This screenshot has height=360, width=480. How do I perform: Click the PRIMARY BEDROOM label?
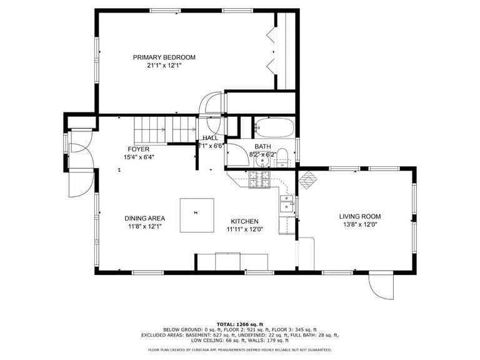point(164,57)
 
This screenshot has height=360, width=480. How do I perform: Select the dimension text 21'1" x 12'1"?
point(164,66)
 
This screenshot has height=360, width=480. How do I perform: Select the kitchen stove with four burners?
point(258,179)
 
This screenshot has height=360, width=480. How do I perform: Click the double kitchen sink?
point(287,203)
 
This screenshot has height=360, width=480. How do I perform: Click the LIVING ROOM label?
point(359,216)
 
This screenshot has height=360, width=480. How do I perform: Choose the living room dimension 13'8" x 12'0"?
point(359,224)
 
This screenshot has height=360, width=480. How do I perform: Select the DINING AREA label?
point(144,219)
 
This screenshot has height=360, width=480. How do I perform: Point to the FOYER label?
point(139,149)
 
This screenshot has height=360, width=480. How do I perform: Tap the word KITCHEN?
point(245,222)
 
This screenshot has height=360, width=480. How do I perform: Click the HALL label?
point(210,138)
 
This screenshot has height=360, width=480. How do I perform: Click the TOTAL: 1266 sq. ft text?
point(240,324)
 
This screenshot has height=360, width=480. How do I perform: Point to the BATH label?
point(262,146)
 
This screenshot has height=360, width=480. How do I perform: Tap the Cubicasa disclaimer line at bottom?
point(240,351)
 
